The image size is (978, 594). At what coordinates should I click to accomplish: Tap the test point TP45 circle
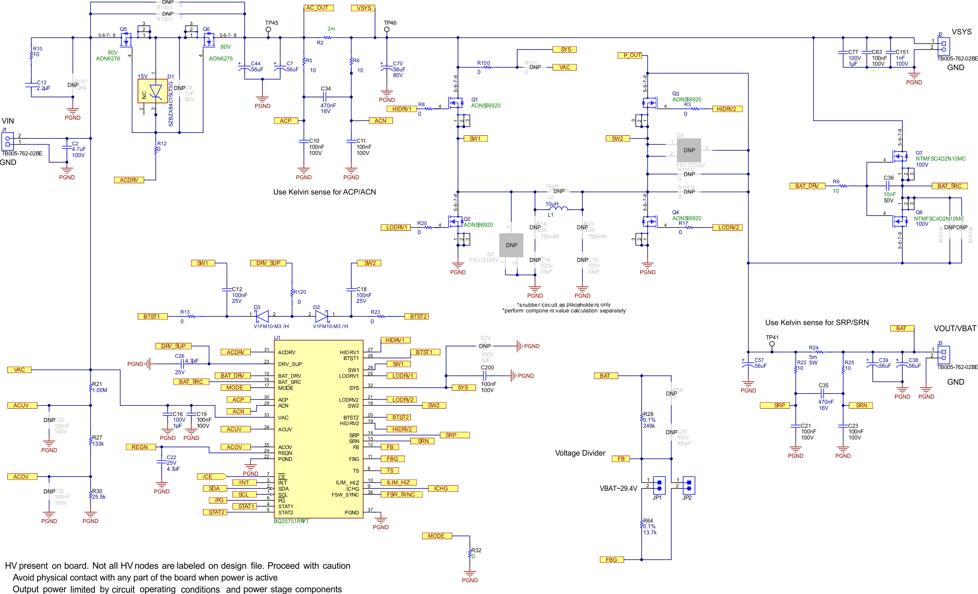(x=268, y=30)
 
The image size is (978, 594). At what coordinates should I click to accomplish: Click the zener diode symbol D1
(x=155, y=91)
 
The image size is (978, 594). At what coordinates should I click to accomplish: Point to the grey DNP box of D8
(x=689, y=150)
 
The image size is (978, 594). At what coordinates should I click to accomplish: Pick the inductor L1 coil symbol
(x=558, y=208)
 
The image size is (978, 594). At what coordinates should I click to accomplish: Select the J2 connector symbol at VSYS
(x=943, y=46)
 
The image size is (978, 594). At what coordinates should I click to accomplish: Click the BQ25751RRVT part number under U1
(x=291, y=521)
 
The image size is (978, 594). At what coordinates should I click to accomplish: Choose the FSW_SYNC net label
(x=401, y=494)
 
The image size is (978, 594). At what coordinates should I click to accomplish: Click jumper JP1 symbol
(x=659, y=485)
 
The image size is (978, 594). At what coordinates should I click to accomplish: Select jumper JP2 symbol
(x=689, y=485)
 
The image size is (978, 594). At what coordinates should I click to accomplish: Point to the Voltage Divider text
(x=580, y=453)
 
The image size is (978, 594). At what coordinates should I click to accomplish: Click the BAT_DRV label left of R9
(x=807, y=186)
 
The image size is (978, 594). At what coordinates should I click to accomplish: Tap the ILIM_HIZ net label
(x=399, y=482)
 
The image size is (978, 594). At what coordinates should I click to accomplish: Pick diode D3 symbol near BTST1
(x=262, y=316)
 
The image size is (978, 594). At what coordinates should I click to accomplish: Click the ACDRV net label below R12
(x=129, y=180)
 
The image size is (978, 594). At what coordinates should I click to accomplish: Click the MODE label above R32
(x=436, y=536)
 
